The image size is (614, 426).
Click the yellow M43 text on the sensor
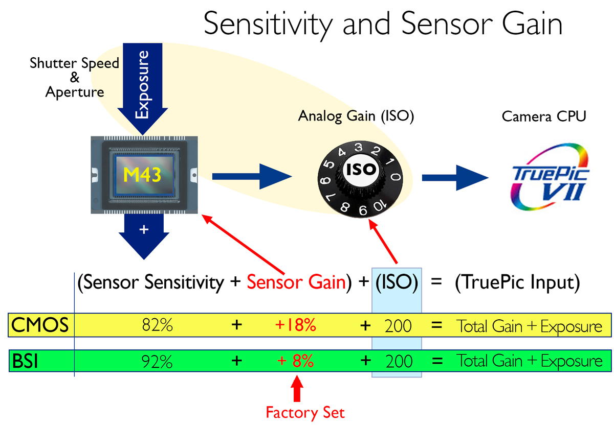coord(142,175)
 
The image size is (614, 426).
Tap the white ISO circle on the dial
coord(361,170)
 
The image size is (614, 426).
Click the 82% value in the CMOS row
coord(158,325)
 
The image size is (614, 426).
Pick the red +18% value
coord(296,325)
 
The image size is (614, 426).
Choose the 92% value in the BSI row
coord(157,362)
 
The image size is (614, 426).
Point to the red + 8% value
coord(295,361)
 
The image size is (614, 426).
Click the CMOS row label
coord(40,325)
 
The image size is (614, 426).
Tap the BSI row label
coord(25,361)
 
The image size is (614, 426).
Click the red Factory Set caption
coord(305,413)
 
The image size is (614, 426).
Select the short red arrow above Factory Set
coord(297,389)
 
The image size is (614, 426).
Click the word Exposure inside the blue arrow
coord(142,85)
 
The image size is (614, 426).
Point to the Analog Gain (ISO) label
coord(356,116)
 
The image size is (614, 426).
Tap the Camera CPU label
coord(544,116)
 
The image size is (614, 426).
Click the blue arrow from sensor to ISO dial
coord(252,176)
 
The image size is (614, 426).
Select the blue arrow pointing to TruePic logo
coord(455,178)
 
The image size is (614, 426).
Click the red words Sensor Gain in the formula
coord(296,282)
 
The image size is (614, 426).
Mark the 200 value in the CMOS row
coord(398,326)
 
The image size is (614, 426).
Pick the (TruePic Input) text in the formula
coord(517,282)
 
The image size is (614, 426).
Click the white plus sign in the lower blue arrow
coord(144,229)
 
